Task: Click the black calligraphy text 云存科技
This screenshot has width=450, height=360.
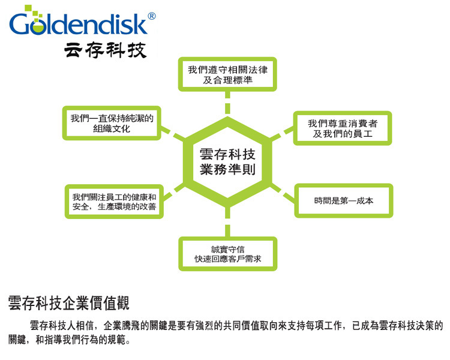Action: [x=105, y=50]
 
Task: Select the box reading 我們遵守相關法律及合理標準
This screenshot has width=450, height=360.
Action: [x=227, y=74]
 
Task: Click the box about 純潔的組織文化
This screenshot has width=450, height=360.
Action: [x=112, y=123]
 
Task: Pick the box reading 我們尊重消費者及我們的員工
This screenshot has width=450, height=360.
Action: [x=343, y=128]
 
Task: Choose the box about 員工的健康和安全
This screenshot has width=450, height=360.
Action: [x=113, y=202]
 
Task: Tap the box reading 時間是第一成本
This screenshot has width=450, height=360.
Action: [x=343, y=200]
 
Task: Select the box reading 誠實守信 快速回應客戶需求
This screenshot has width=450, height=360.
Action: [x=227, y=254]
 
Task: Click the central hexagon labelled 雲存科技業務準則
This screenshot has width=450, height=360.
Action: [x=227, y=163]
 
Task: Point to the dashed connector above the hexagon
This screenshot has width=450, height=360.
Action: [x=227, y=106]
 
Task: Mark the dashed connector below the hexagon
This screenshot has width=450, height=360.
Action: [x=227, y=224]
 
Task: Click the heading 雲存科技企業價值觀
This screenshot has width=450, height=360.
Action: [x=69, y=302]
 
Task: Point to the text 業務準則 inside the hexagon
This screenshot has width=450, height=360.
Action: [x=227, y=170]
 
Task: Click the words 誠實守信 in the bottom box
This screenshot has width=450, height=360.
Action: [x=227, y=248]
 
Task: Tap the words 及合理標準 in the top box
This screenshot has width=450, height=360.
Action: [x=227, y=80]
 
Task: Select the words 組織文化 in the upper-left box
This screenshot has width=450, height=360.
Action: [x=112, y=128]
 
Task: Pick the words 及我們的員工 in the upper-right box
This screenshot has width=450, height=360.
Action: [x=343, y=134]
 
